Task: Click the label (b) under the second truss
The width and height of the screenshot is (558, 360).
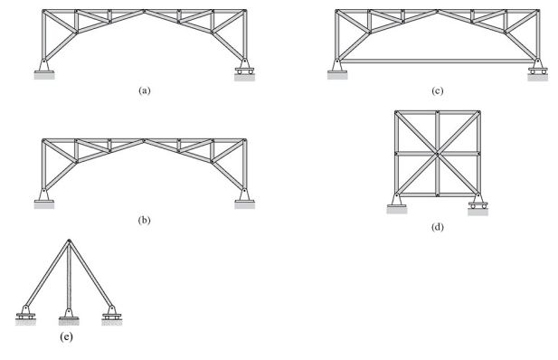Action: [143, 219]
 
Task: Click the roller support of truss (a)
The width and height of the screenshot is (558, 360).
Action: [243, 69]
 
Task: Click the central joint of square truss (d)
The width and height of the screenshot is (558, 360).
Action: [437, 154]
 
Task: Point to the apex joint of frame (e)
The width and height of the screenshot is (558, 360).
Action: [69, 241]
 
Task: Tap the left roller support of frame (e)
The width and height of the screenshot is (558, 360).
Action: [26, 314]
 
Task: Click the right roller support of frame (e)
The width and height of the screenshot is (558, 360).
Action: [111, 314]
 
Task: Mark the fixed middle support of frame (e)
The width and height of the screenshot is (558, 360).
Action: [69, 317]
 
